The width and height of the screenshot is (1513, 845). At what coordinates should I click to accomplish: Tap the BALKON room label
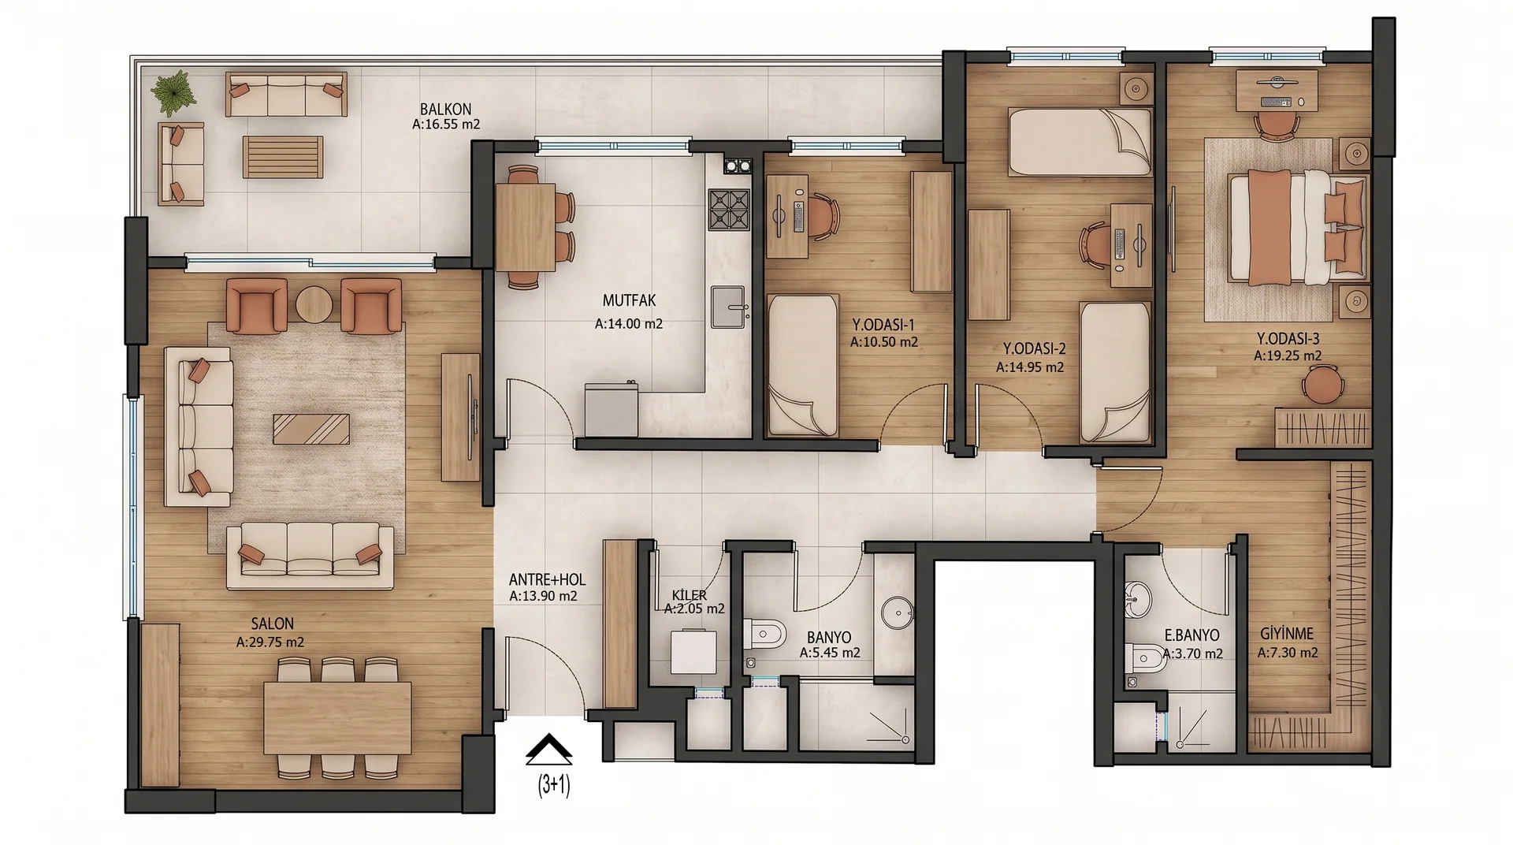tap(445, 109)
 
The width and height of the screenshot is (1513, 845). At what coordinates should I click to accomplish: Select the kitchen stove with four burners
tap(728, 209)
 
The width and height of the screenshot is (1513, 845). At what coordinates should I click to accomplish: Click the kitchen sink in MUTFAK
tap(728, 307)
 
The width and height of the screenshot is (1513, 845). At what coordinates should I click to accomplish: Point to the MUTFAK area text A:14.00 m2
tap(629, 323)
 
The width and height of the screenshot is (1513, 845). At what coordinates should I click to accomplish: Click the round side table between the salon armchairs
tap(314, 303)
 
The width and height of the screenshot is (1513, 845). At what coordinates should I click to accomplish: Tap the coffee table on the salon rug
tap(311, 429)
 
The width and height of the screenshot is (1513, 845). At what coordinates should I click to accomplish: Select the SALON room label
tap(273, 624)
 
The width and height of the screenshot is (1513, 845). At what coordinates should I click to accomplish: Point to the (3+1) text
tap(554, 785)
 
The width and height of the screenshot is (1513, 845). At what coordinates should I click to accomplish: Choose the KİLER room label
tap(689, 595)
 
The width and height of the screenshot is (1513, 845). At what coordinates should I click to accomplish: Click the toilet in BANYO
tap(764, 634)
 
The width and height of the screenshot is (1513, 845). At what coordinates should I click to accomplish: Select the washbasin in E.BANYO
tap(1138, 599)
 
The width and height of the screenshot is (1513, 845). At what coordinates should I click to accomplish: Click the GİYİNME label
tap(1287, 634)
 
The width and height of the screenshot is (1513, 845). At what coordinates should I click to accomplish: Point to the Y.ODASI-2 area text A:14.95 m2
tap(1030, 367)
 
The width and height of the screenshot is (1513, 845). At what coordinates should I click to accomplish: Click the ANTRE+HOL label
tap(547, 579)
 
